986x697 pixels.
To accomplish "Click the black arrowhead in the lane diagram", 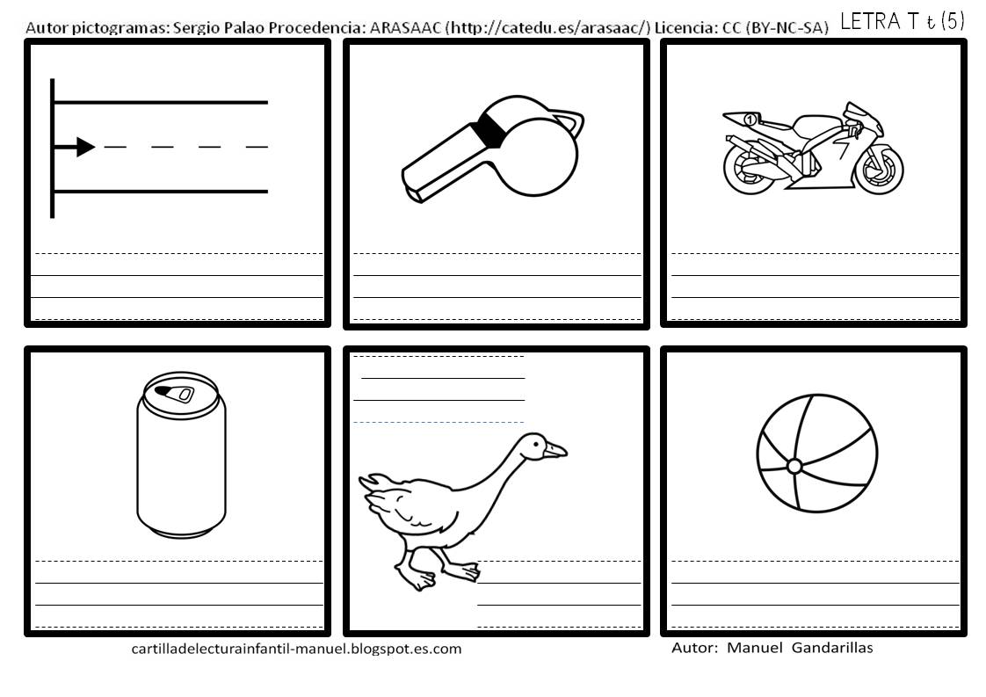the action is pyautogui.click(x=85, y=147).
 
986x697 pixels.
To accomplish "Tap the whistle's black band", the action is pyautogui.click(x=489, y=131).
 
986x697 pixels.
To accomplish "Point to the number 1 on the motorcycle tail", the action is pyautogui.click(x=750, y=119).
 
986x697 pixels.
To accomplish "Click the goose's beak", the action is pyautogui.click(x=555, y=450).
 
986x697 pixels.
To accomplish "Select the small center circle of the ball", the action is pyautogui.click(x=794, y=466).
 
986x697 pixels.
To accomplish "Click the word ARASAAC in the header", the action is pyautogui.click(x=404, y=27).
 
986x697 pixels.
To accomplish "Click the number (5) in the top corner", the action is pyautogui.click(x=953, y=21).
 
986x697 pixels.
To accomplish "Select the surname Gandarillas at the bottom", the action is pyautogui.click(x=832, y=648).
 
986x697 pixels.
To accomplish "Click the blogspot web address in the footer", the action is pyautogui.click(x=296, y=649).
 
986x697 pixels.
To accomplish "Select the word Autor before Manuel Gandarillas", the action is pyautogui.click(x=694, y=648).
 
